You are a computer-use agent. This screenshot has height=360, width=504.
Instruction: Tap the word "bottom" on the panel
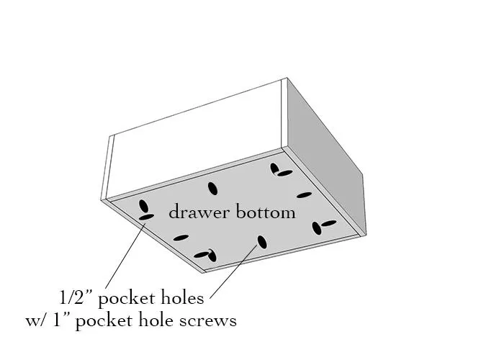click(x=266, y=212)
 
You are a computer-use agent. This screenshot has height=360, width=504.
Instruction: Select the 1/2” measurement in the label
click(x=75, y=297)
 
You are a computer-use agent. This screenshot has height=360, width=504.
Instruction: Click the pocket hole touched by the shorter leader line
click(x=262, y=242)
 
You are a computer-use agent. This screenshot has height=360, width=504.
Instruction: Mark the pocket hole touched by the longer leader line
click(x=146, y=217)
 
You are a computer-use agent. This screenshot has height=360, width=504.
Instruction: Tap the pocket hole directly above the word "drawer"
click(x=212, y=189)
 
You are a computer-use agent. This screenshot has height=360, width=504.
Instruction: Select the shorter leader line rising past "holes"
click(x=234, y=271)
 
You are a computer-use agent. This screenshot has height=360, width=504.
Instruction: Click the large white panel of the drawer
click(x=195, y=141)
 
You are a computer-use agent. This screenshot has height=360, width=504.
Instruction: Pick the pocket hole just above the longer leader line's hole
click(x=143, y=207)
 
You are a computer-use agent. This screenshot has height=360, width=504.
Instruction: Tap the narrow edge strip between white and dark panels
click(x=284, y=112)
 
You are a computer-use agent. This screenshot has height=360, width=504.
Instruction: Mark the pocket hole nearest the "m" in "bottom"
click(x=304, y=195)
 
